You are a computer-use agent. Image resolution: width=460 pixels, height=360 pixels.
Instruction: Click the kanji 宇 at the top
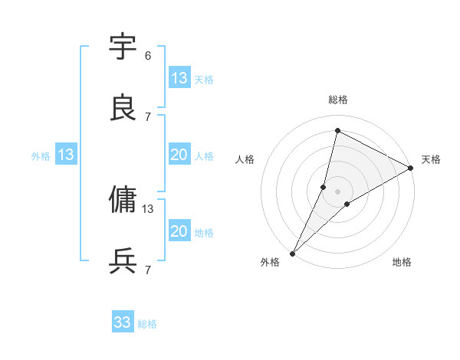pyautogui.click(x=123, y=47)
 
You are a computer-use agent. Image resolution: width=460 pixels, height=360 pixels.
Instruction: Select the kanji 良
pyautogui.click(x=123, y=108)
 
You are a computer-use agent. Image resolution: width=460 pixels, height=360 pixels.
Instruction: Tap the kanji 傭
pyautogui.click(x=123, y=200)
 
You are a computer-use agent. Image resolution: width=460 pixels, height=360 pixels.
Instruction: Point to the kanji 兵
pyautogui.click(x=123, y=261)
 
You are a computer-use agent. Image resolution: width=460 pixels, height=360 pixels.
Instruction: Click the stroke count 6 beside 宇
pyautogui.click(x=148, y=55)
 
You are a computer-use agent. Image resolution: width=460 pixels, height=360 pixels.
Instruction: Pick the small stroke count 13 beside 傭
pyautogui.click(x=148, y=208)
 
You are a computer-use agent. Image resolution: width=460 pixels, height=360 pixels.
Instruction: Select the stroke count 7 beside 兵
pyautogui.click(x=148, y=270)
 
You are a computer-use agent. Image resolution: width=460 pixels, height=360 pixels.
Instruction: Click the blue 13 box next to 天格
pyautogui.click(x=179, y=78)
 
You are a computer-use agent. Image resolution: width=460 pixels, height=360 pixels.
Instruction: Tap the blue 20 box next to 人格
pyautogui.click(x=179, y=155)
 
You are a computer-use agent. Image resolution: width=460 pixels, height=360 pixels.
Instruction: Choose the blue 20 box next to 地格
pyautogui.click(x=179, y=231)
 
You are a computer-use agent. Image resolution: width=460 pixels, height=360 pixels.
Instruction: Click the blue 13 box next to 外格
pyautogui.click(x=66, y=155)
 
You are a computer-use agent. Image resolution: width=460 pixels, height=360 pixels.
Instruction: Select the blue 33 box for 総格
pyautogui.click(x=123, y=322)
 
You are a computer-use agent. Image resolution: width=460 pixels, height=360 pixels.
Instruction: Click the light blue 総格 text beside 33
pyautogui.click(x=148, y=324)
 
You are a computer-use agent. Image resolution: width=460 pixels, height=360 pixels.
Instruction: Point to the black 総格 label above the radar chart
pyautogui.click(x=338, y=100)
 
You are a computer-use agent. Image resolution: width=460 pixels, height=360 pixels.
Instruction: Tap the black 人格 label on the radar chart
pyautogui.click(x=245, y=159)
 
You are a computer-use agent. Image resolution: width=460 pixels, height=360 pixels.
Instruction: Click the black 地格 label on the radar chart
pyautogui.click(x=402, y=263)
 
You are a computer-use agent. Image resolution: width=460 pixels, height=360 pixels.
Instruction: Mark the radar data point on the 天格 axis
pyautogui.click(x=411, y=169)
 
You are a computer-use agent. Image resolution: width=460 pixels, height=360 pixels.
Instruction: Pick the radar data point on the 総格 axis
pyautogui.click(x=337, y=130)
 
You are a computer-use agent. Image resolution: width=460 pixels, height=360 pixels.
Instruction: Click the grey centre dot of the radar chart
pyautogui.click(x=337, y=191)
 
